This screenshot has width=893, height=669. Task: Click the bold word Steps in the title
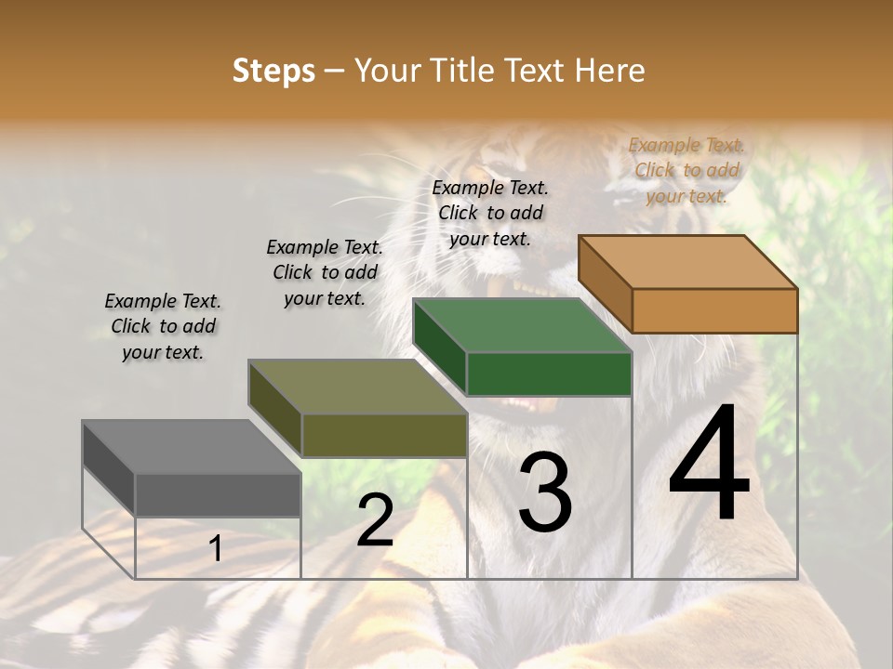click(273, 71)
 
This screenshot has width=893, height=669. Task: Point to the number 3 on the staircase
click(544, 492)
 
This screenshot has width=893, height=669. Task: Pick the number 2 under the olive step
click(375, 520)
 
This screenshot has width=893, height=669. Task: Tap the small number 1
click(216, 549)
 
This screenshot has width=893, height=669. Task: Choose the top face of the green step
click(522, 325)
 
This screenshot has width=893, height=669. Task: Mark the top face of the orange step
click(687, 261)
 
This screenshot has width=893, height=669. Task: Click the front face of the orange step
click(714, 310)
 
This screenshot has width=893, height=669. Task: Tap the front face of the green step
click(549, 374)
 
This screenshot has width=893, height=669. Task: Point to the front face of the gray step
click(218, 495)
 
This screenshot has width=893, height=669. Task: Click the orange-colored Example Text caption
click(686, 170)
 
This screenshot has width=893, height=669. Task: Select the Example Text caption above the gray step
click(163, 326)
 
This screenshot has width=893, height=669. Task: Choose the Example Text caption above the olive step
click(325, 272)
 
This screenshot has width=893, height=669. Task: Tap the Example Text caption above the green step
click(490, 213)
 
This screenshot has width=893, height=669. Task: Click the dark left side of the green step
click(439, 347)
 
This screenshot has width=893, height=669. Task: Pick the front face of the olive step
click(384, 435)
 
